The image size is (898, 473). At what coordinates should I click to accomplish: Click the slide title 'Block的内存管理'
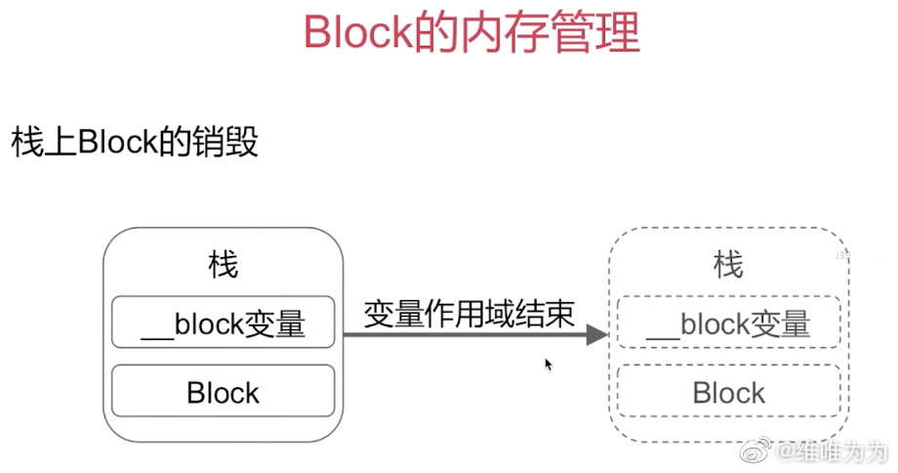point(471,33)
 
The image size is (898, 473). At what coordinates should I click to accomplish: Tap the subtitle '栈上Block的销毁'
point(135,143)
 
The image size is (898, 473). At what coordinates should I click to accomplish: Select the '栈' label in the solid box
point(223,264)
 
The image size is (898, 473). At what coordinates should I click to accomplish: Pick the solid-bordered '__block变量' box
point(224,323)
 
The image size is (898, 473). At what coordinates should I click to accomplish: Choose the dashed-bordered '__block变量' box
point(729,323)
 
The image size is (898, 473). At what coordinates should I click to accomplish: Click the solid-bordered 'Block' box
point(224,392)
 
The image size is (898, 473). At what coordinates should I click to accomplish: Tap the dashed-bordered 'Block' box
point(729,392)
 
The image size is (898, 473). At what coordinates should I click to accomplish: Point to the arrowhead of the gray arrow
point(596,335)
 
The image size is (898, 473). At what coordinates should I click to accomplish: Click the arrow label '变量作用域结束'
point(469,313)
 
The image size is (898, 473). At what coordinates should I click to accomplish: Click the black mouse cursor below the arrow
point(549,364)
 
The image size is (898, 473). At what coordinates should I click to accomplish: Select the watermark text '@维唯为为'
point(833,452)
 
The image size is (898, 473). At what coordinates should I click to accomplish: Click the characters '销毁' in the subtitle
point(233,143)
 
